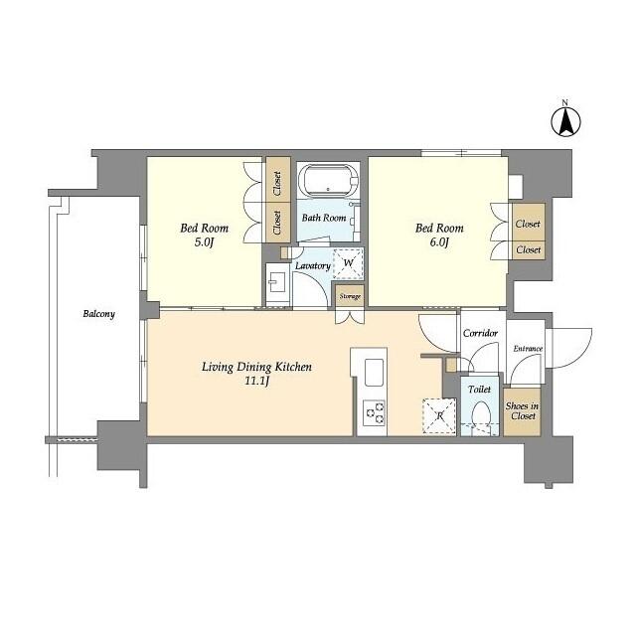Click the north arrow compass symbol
pos(565,122)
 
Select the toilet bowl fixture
pos(481,416)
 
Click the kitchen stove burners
pos(373,412)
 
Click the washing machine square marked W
pos(348,263)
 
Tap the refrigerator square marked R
pos(438,415)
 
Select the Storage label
pos(349,296)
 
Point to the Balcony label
pos(98,314)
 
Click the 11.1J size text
pos(257,381)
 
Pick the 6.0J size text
pos(438,243)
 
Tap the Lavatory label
pos(312,266)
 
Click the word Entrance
pos(527,349)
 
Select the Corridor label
pos(481,333)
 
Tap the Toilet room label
pos(480,391)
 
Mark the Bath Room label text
pos(324,218)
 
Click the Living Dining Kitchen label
pos(257,367)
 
